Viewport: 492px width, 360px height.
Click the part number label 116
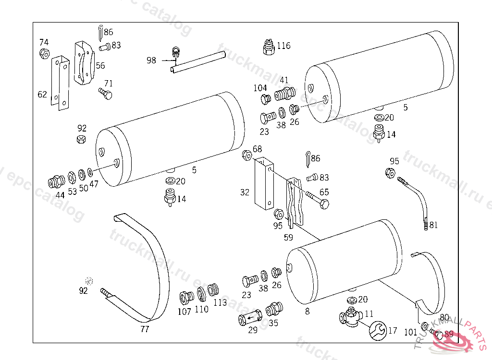283,46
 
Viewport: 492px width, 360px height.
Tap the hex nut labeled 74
44,53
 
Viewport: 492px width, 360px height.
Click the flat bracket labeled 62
60,83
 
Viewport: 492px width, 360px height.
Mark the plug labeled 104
265,99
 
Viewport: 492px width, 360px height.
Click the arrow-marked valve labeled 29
250,317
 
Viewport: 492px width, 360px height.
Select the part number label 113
220,302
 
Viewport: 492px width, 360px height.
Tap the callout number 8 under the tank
307,311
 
